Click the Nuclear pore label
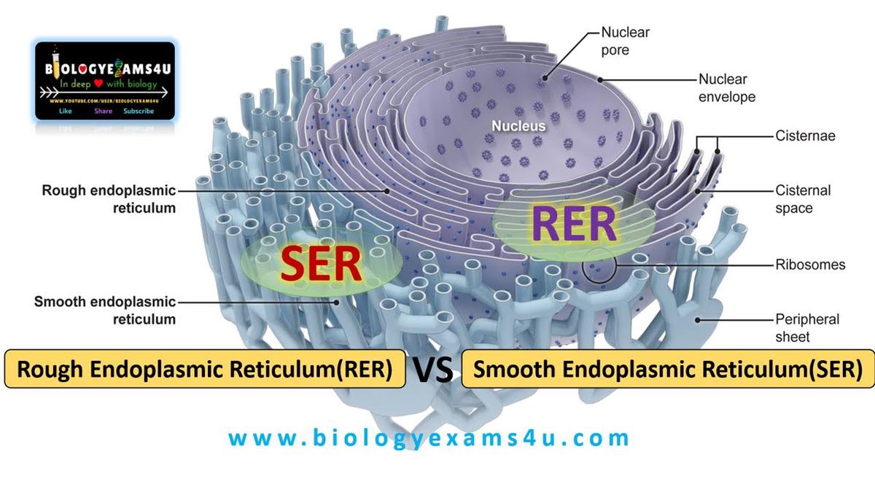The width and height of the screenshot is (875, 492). click(625, 42)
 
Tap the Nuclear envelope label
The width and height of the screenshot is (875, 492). click(727, 87)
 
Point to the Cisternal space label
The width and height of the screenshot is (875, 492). click(803, 199)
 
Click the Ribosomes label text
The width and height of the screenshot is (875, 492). click(810, 265)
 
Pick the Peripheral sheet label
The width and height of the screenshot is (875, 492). click(807, 327)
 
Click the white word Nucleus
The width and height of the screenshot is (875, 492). click(518, 126)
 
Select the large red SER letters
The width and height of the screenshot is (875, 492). click(322, 265)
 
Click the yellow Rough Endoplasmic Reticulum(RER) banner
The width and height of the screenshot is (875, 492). click(205, 370)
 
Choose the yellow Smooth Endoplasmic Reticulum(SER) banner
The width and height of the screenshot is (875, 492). click(669, 370)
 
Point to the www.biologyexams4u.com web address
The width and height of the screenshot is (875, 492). click(429, 438)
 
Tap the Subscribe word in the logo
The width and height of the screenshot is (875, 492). click(139, 112)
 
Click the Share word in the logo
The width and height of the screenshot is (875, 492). click(103, 112)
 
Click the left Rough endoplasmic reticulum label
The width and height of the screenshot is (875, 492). click(109, 199)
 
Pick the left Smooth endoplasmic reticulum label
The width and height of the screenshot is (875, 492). click(104, 310)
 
